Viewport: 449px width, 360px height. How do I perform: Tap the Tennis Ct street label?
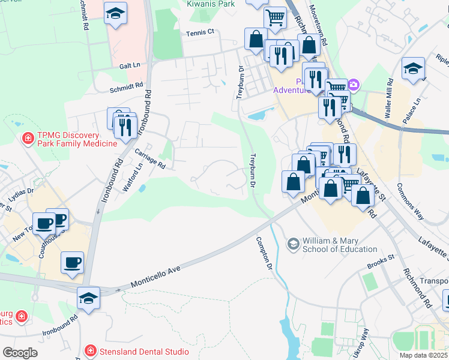coord(200,33)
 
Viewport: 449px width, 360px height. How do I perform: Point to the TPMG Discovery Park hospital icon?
coord(28,139)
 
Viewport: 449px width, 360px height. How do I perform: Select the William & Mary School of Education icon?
coord(293,243)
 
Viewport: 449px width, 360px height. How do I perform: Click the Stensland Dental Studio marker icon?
coord(89,350)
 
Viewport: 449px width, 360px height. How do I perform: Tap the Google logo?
coord(19,353)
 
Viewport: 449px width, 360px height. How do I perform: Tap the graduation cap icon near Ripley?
coord(413,68)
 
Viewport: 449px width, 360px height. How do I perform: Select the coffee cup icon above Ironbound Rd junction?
coord(72,262)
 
